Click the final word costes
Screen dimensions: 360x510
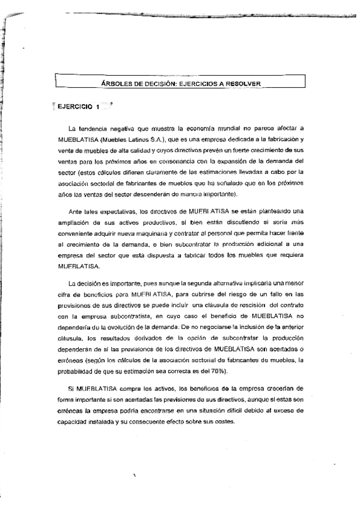pos(227,420)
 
